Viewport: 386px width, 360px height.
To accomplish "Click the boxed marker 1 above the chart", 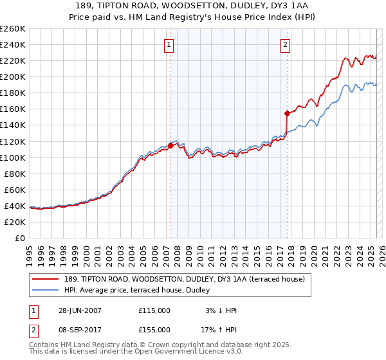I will pos(169,45).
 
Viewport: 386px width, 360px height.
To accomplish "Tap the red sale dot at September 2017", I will pos(286,113).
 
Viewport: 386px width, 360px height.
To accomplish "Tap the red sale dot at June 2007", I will pos(170,145).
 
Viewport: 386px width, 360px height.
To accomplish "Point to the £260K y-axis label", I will pos(13,29).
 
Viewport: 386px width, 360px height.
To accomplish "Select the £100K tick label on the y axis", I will pos(13,157).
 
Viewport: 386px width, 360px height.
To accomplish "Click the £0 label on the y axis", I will pos(21,238).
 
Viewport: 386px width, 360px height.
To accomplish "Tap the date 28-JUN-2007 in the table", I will pos(79,310).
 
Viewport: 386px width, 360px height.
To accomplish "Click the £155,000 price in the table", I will pos(154,329).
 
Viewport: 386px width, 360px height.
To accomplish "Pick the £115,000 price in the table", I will pos(154,310).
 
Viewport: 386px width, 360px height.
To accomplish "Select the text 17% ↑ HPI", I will pos(221,329).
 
